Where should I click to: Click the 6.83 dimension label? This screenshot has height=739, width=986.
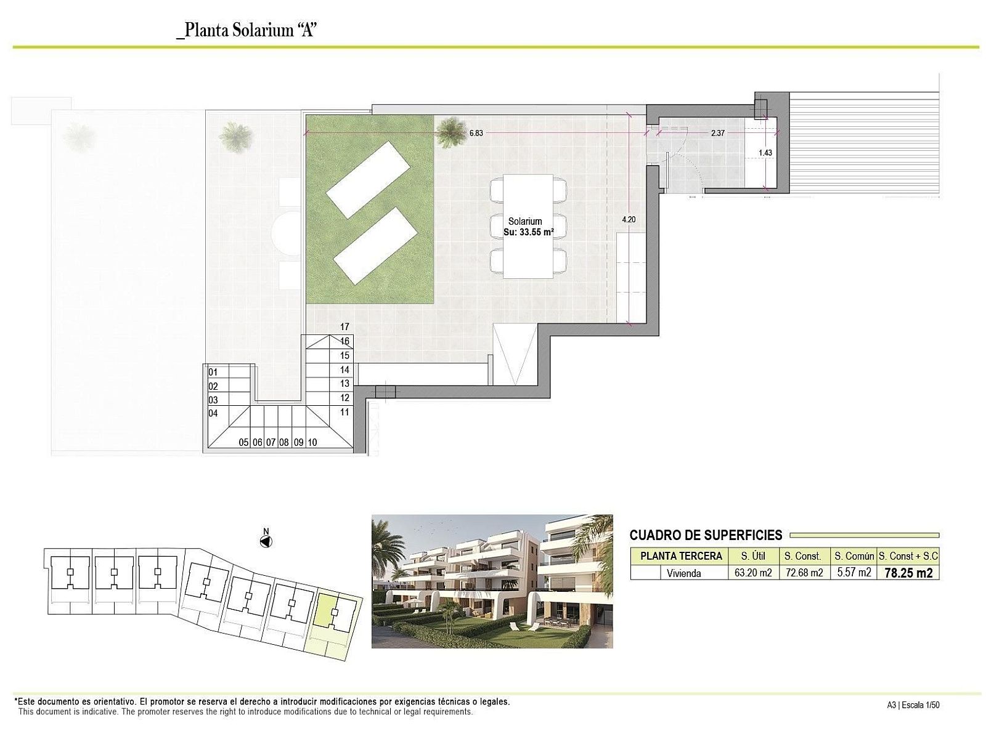(476, 133)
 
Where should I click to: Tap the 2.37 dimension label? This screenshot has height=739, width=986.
(718, 133)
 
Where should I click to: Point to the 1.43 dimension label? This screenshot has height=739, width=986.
(765, 153)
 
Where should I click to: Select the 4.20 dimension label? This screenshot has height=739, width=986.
(629, 220)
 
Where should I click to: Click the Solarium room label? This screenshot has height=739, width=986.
(524, 221)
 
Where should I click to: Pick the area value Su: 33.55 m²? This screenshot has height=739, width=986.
(528, 232)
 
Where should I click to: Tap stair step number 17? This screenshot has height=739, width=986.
(344, 327)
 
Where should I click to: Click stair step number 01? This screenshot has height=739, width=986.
(213, 372)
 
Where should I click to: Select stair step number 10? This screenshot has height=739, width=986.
(312, 442)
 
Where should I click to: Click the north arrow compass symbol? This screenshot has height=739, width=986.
(266, 541)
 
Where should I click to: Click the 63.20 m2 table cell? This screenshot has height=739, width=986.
(753, 573)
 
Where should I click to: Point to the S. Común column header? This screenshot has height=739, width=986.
(854, 556)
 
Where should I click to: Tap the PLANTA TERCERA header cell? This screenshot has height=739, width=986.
(681, 556)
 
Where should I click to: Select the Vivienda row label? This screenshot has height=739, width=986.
(683, 573)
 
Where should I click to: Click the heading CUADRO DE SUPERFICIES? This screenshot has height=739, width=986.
(706, 535)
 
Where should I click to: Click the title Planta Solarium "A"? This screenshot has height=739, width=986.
(246, 31)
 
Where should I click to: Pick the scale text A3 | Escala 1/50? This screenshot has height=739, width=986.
(913, 705)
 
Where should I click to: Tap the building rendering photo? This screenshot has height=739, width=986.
(492, 581)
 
